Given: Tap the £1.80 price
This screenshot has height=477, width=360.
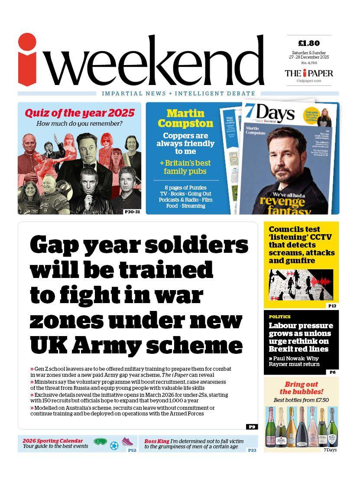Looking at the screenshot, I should (x=309, y=43).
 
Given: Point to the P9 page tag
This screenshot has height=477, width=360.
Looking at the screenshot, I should (x=252, y=427).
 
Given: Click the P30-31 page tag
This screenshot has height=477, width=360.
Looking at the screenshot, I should (x=132, y=211).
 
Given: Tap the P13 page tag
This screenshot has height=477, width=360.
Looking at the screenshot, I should (x=332, y=306).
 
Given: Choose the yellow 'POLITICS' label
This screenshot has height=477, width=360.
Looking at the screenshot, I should (x=279, y=317).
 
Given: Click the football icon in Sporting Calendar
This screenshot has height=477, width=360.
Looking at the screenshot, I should (x=114, y=445).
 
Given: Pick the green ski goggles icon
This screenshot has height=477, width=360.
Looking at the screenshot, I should (x=100, y=442).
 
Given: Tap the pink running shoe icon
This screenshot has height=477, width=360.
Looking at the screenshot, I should (x=127, y=442).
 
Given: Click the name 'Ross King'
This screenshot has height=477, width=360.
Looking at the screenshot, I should (x=157, y=441).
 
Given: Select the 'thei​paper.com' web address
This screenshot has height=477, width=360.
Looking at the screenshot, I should (x=308, y=81).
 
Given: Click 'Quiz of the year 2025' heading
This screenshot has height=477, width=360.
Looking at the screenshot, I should (x=79, y=113).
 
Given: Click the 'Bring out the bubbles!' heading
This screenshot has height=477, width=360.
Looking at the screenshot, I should (x=301, y=388).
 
